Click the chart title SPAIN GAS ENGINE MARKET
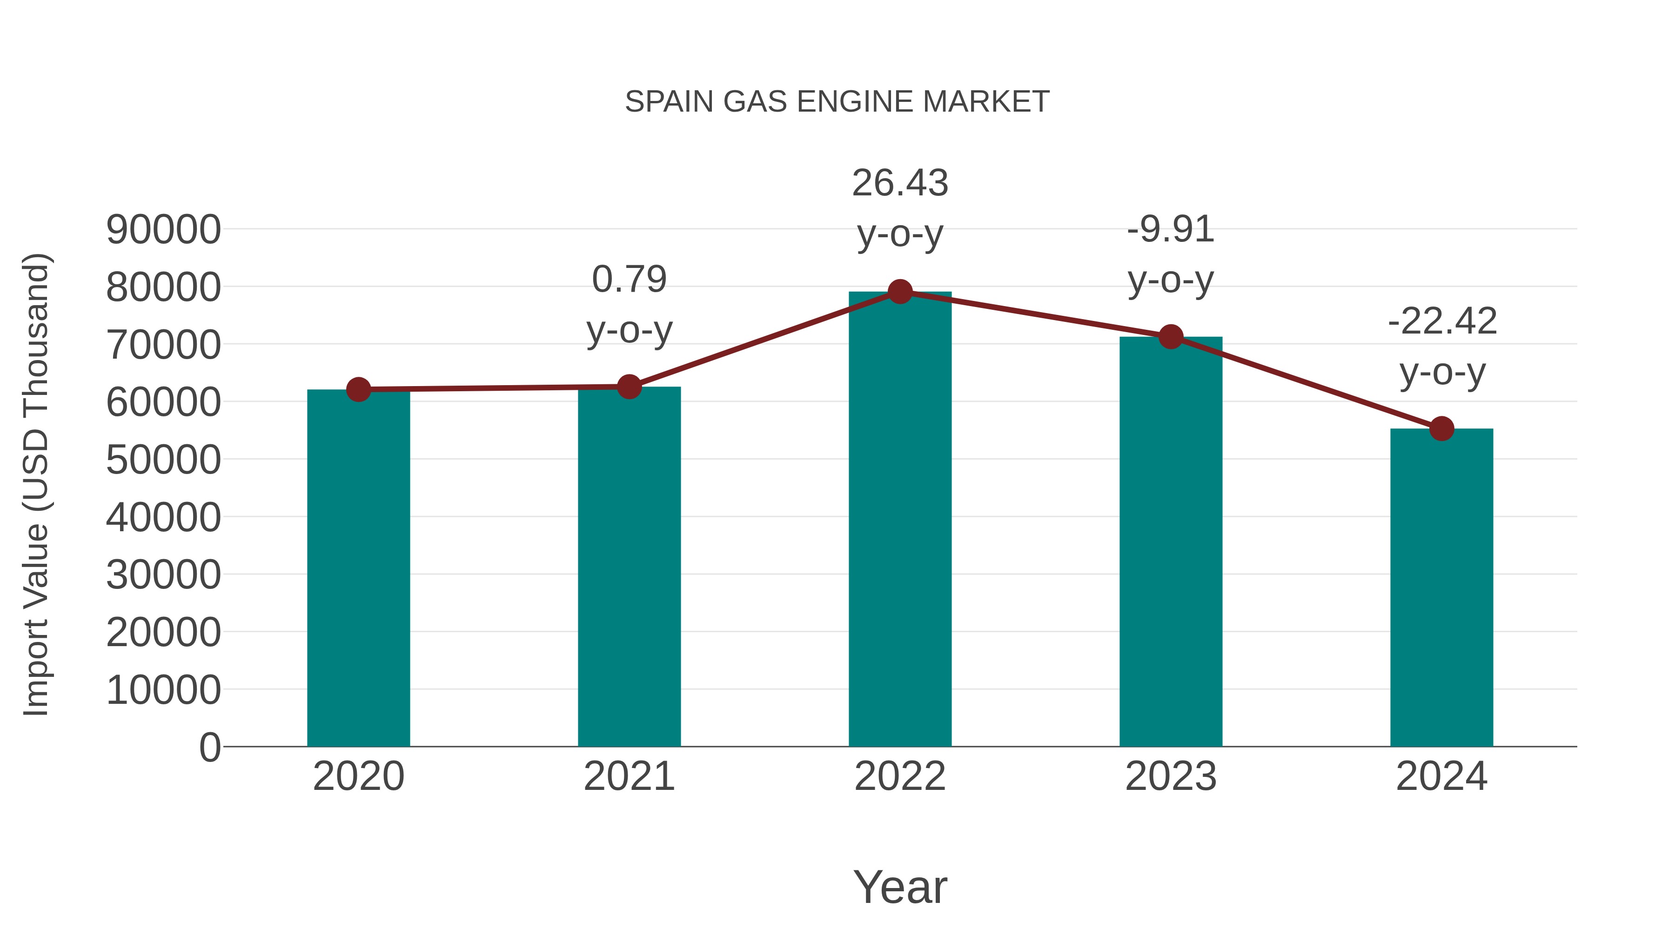point(837,102)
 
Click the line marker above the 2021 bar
point(629,387)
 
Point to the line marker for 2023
point(1171,337)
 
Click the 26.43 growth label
point(900,183)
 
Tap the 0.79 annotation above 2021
point(629,280)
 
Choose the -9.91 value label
point(1171,229)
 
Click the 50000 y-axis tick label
point(163,460)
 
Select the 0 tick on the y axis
point(210,747)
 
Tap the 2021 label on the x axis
point(629,776)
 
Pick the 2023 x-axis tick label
point(1171,776)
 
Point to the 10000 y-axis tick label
point(163,690)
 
